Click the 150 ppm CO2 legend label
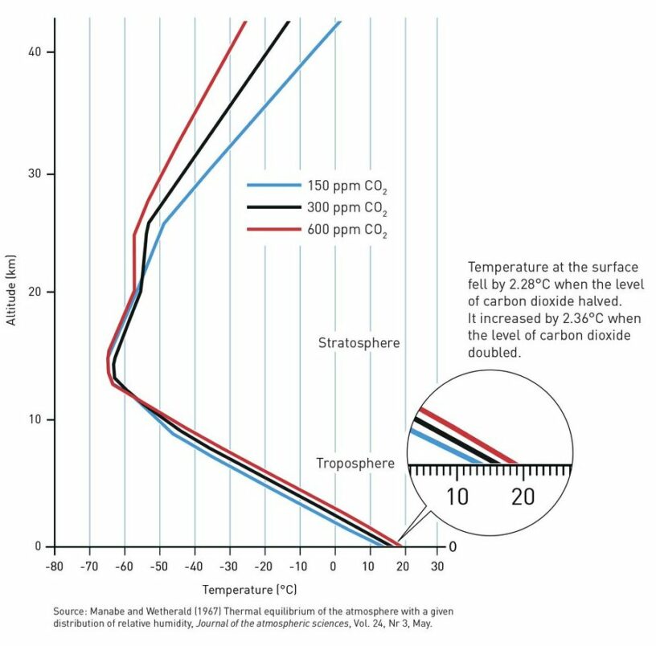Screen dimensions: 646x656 pyautogui.click(x=347, y=186)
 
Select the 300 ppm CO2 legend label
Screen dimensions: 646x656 pyautogui.click(x=347, y=209)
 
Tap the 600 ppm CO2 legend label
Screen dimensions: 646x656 pyautogui.click(x=347, y=232)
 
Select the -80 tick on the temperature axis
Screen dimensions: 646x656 pyautogui.click(x=55, y=566)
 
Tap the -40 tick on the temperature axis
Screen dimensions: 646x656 pyautogui.click(x=195, y=566)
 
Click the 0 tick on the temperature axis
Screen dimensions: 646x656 pyautogui.click(x=334, y=566)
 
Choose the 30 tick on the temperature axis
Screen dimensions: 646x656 pyautogui.click(x=438, y=566)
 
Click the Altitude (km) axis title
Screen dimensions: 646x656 pyautogui.click(x=11, y=297)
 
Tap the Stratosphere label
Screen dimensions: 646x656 pyautogui.click(x=359, y=343)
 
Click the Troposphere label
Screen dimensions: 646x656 pyautogui.click(x=355, y=464)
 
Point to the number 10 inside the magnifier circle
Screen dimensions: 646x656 pyautogui.click(x=456, y=497)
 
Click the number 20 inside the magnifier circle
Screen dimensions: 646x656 pyautogui.click(x=523, y=497)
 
